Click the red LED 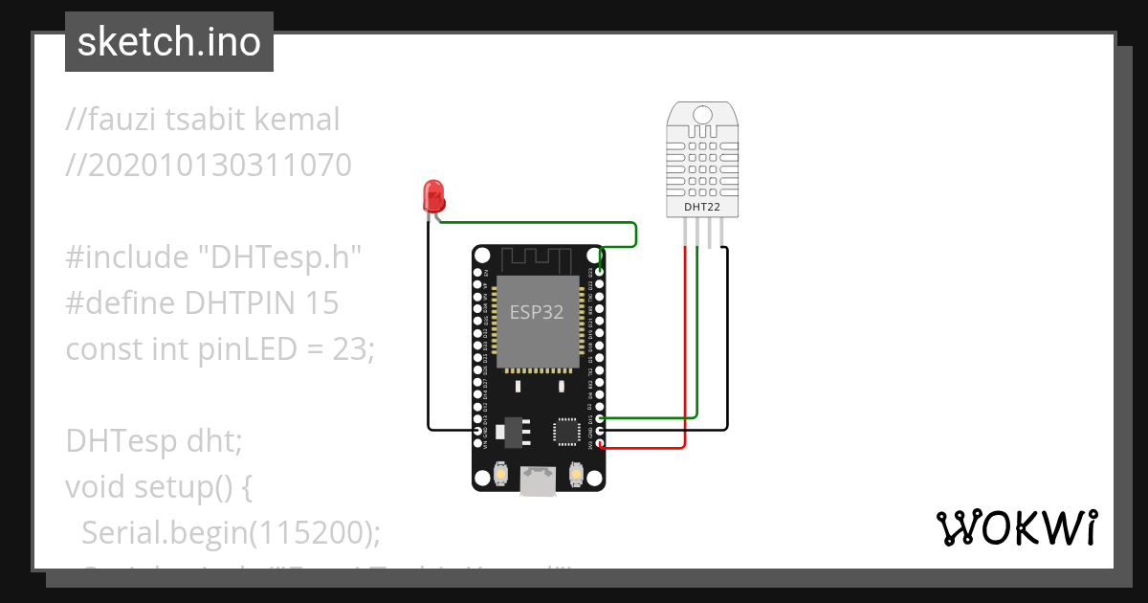click(x=433, y=196)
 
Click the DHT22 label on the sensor click(x=702, y=207)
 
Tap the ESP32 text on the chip click(x=536, y=312)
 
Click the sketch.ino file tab click(x=168, y=42)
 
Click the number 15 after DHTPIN click(x=321, y=303)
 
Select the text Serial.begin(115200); click(x=231, y=533)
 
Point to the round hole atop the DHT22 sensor click(x=702, y=115)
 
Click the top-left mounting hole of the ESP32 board click(x=483, y=256)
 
